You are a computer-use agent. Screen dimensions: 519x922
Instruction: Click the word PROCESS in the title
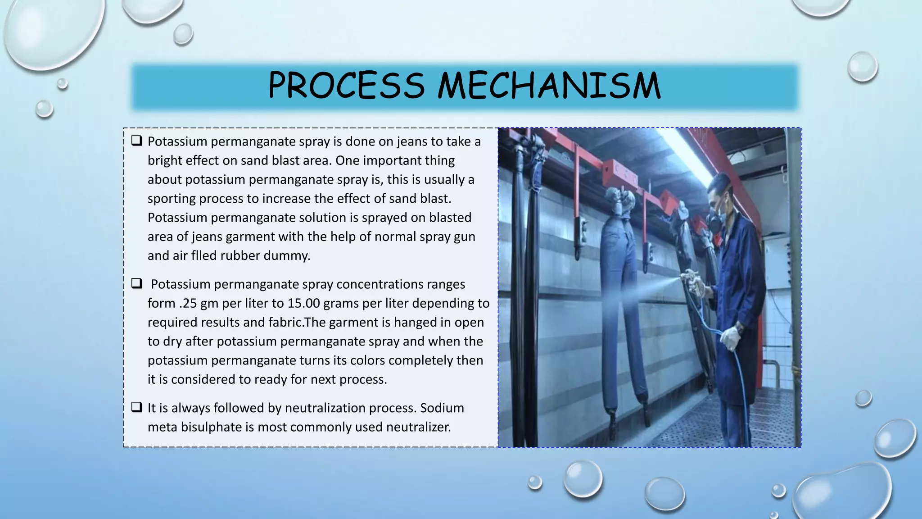(346, 86)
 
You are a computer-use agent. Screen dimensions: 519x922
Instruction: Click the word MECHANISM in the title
(549, 86)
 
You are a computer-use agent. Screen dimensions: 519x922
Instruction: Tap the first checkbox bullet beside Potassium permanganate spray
(136, 141)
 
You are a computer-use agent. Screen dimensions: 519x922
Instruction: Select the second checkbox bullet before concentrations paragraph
(136, 283)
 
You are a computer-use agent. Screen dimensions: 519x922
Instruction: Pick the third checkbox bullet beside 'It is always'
(136, 407)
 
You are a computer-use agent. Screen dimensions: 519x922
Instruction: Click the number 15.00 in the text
(303, 303)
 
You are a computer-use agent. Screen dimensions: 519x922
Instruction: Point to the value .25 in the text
(188, 303)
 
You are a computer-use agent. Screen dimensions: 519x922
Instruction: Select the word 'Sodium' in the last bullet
(442, 408)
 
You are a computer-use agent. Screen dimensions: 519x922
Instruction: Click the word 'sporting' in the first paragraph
(171, 199)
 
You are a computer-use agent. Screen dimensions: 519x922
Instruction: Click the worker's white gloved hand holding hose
(730, 338)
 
